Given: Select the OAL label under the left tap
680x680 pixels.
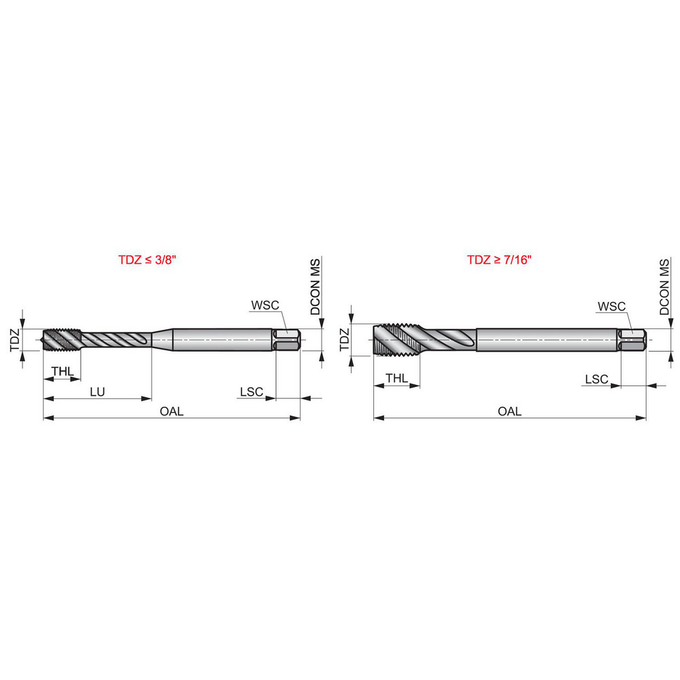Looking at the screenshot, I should tap(171, 411).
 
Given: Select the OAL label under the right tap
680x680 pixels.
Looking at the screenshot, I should tap(509, 411).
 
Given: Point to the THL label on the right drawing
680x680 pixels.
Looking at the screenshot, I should tap(396, 377).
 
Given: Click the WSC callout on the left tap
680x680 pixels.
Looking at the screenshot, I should tap(265, 305).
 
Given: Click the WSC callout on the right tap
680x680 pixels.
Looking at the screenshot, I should tap(611, 307).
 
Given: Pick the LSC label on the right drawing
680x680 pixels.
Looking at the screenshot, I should tap(596, 379).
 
